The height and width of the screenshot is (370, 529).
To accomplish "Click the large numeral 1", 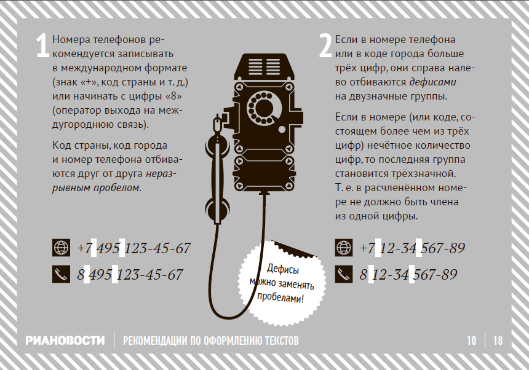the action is (x=43, y=45).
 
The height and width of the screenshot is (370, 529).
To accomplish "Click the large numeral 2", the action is (x=325, y=45).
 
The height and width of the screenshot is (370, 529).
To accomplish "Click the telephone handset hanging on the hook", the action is (x=218, y=168).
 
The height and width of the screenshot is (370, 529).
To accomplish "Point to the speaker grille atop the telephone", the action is (x=265, y=66).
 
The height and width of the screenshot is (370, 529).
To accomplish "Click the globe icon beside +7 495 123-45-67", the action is (x=61, y=248).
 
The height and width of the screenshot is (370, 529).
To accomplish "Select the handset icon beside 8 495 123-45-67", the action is (x=61, y=274).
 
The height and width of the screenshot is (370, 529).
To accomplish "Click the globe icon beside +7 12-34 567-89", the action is (x=344, y=248).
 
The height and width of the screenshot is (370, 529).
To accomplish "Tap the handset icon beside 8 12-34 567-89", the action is (x=344, y=274).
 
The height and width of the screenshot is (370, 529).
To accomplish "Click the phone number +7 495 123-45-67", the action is (x=134, y=248).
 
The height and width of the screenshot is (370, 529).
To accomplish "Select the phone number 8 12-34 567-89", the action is (x=408, y=274).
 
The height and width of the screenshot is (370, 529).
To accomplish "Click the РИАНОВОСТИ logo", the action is (x=65, y=340).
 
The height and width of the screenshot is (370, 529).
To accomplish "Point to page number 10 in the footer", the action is (x=471, y=340).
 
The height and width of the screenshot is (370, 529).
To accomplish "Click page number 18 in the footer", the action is (x=498, y=340).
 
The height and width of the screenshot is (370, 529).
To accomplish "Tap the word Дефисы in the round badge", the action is (x=283, y=270).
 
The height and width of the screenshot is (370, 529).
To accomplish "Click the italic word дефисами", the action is (x=433, y=82).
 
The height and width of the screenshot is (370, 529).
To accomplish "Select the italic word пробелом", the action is (x=117, y=187).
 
